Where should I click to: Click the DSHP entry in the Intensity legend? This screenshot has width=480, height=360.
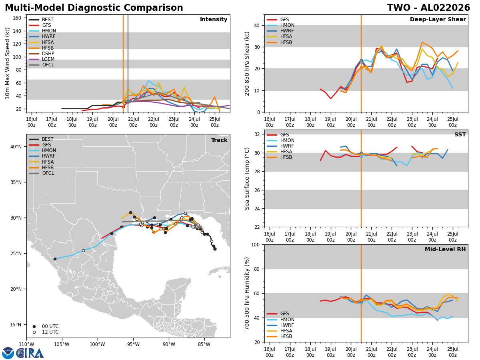pos(41,54)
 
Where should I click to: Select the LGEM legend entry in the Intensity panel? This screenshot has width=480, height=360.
pos(41,59)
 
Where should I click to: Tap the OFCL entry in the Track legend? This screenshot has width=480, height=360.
pos(41,173)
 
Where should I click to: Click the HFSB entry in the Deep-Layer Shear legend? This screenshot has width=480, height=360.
pos(280,42)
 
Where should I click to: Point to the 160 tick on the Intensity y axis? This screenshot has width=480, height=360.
pos(17,18)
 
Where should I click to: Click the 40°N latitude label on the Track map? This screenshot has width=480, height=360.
pos(16,147)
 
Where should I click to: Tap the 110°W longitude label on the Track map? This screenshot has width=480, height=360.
pos(26,345)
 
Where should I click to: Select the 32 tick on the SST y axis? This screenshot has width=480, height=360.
pos(257,134)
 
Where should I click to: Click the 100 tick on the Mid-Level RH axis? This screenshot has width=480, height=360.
pos(256,244)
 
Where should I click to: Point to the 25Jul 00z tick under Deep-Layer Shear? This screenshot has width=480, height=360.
pos(453,122)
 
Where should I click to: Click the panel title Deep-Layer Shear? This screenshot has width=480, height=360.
pos(438,19)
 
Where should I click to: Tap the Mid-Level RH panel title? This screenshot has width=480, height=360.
pos(445,249)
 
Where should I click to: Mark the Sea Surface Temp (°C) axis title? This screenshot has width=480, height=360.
pos(247,179)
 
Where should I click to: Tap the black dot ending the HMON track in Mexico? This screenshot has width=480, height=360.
pos(55,259)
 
